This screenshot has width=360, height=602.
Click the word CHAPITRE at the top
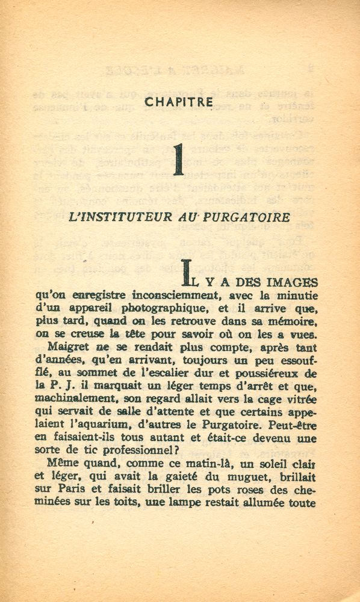pos(179,102)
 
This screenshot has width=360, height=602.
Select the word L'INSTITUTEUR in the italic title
pos(117,217)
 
